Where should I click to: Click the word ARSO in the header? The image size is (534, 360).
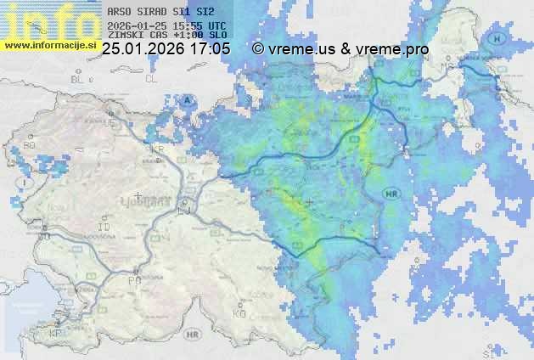(x=121, y=12)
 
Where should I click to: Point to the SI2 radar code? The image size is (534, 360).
(x=204, y=12)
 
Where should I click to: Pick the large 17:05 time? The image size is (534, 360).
(x=210, y=49)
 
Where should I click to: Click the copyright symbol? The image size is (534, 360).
(x=258, y=49)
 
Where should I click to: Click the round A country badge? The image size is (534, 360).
(x=185, y=99)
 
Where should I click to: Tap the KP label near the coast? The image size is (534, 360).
(x=56, y=334)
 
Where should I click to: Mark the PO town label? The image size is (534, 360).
(x=133, y=279)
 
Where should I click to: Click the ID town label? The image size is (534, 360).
(x=104, y=228)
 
